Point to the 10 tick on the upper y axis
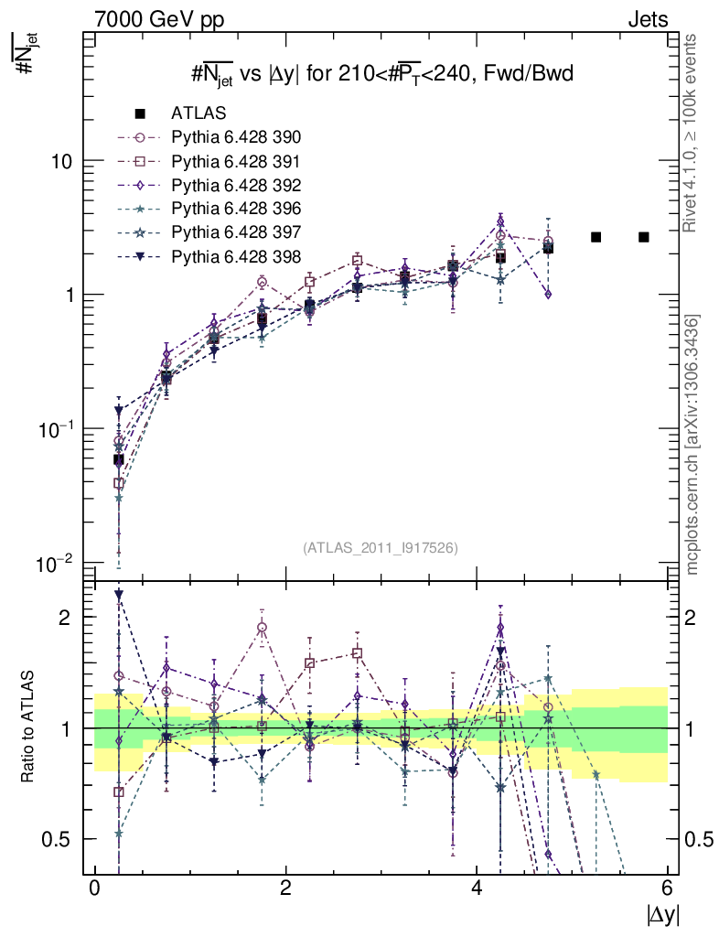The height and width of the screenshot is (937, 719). (x=58, y=161)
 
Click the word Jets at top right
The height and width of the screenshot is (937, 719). (x=647, y=18)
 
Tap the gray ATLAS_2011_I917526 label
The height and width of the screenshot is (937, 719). (x=380, y=547)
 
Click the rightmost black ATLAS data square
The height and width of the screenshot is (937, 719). (x=644, y=237)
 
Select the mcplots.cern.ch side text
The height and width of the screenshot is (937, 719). (x=693, y=446)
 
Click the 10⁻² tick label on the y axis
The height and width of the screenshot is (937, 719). (x=53, y=564)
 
